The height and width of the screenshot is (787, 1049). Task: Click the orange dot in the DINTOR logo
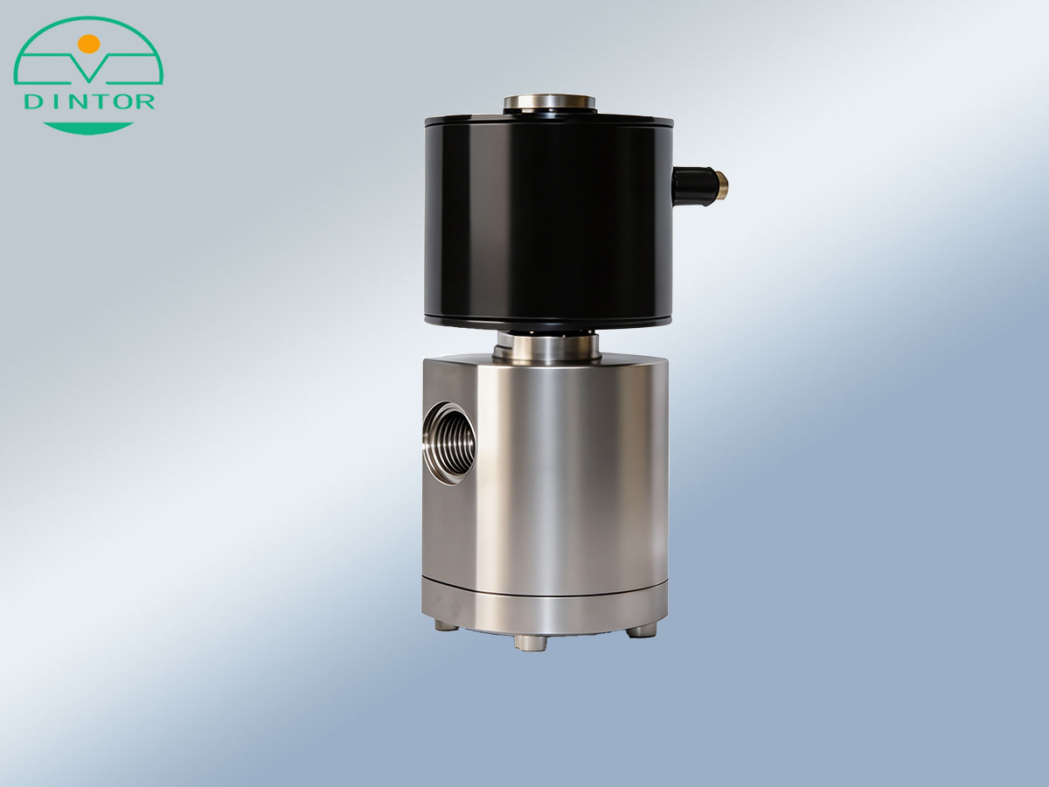pyautogui.click(x=89, y=44)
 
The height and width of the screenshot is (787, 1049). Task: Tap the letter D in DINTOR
pyautogui.click(x=33, y=101)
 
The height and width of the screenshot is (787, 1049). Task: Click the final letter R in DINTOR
pyautogui.click(x=145, y=101)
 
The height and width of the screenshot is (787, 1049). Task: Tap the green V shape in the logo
pyautogui.click(x=89, y=67)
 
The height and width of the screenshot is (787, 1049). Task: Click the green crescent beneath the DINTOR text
pyautogui.click(x=88, y=127)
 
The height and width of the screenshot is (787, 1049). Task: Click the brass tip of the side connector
pyautogui.click(x=722, y=185)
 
